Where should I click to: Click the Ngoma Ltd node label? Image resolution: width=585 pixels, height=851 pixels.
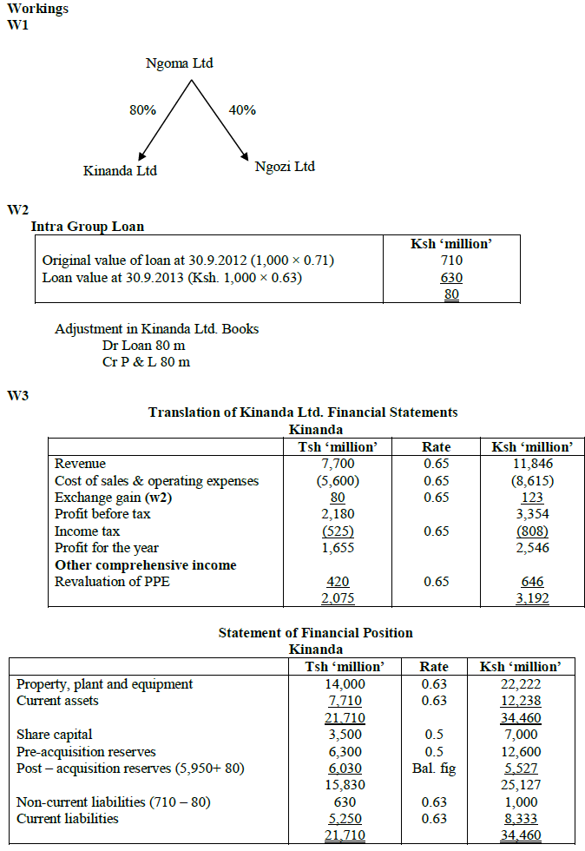(180, 63)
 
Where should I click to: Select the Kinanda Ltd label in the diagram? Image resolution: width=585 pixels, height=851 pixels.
(120, 170)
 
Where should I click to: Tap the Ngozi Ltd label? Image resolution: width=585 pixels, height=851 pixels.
(285, 166)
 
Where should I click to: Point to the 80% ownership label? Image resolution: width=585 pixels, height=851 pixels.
(143, 110)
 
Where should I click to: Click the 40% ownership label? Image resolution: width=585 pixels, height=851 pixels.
(242, 110)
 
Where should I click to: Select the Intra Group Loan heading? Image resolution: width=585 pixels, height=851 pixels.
(88, 227)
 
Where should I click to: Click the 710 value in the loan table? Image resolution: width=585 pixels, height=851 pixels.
(451, 261)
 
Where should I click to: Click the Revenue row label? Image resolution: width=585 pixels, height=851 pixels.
(80, 464)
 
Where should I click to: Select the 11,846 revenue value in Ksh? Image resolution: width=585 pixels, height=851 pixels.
(532, 464)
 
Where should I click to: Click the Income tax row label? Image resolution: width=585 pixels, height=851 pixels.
(88, 531)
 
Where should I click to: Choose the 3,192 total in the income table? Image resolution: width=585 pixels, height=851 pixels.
(532, 598)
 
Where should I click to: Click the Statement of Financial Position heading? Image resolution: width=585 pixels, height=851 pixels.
(315, 632)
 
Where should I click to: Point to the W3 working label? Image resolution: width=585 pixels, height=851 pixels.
(18, 396)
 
